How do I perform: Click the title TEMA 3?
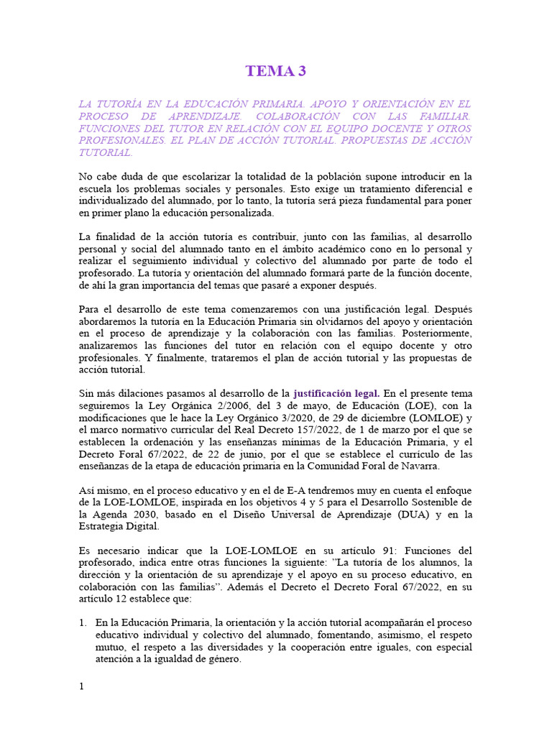coord(270,70)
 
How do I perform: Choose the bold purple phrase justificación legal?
coord(336,393)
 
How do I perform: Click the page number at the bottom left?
coord(81,686)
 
